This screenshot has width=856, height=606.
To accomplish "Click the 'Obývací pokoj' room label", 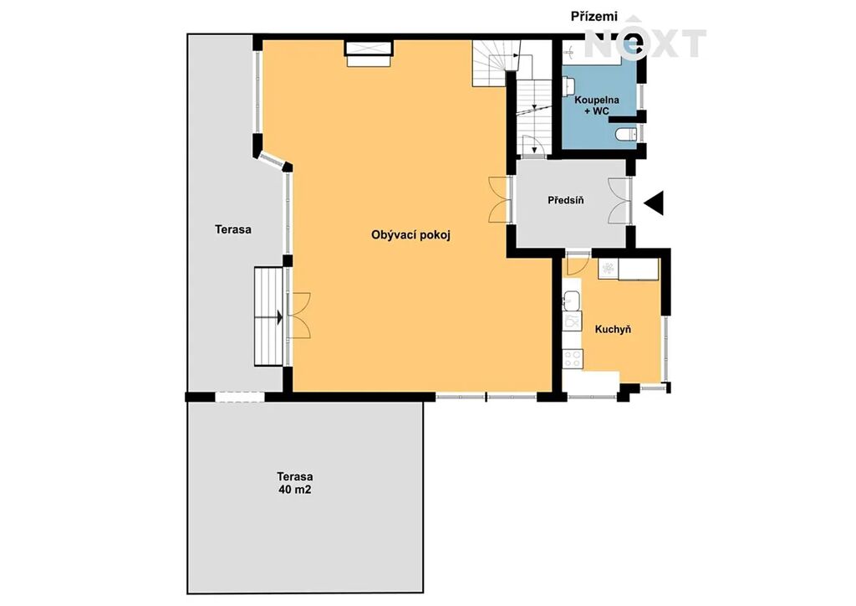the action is click(x=411, y=235).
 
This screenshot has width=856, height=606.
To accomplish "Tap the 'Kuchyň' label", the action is click(x=613, y=330).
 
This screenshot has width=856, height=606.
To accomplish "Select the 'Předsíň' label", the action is click(x=566, y=200).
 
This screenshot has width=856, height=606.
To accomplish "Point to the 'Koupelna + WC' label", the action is click(x=597, y=105).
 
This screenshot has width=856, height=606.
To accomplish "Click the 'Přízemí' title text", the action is click(x=594, y=17).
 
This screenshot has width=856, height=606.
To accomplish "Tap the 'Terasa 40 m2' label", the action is click(x=295, y=483).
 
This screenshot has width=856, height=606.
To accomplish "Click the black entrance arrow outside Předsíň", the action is click(x=654, y=203).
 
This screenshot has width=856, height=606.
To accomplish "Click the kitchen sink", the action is click(x=572, y=300).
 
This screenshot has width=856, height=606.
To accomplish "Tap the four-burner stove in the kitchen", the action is click(x=573, y=358).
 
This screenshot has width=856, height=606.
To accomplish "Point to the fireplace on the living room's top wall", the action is click(x=369, y=53).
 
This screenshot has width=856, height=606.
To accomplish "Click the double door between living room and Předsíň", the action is click(x=500, y=199).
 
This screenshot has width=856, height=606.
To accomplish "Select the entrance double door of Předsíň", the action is click(x=619, y=201).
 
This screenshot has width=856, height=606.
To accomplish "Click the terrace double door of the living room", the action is click(x=299, y=315).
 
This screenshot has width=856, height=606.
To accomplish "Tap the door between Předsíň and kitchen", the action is click(x=577, y=262).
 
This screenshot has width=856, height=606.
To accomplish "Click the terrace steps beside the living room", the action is click(x=268, y=316).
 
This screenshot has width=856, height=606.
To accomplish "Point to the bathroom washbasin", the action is click(x=569, y=85).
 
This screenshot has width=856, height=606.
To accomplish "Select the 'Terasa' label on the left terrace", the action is click(x=233, y=229).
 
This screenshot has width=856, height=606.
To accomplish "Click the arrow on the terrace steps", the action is click(x=279, y=317).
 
